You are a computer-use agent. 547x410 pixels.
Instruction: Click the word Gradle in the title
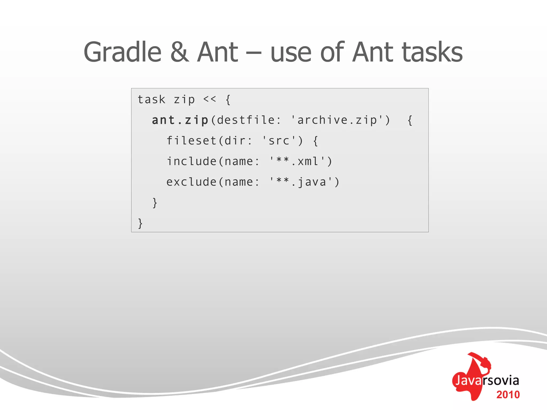122,52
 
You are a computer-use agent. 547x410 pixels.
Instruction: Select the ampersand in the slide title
179,52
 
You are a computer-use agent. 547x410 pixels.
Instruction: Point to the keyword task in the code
151,100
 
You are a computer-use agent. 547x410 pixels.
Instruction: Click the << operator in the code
210,99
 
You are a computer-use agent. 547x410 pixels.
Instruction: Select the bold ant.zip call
180,120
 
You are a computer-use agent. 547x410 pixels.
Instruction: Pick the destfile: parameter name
249,120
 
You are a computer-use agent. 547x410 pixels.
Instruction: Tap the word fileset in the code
191,141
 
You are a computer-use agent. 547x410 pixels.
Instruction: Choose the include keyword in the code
191,161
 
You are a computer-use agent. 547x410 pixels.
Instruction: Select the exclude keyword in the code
191,182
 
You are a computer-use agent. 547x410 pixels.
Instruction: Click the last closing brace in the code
140,223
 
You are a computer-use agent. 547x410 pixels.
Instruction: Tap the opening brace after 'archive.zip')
410,120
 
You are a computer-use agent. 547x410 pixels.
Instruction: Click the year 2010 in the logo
508,395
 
